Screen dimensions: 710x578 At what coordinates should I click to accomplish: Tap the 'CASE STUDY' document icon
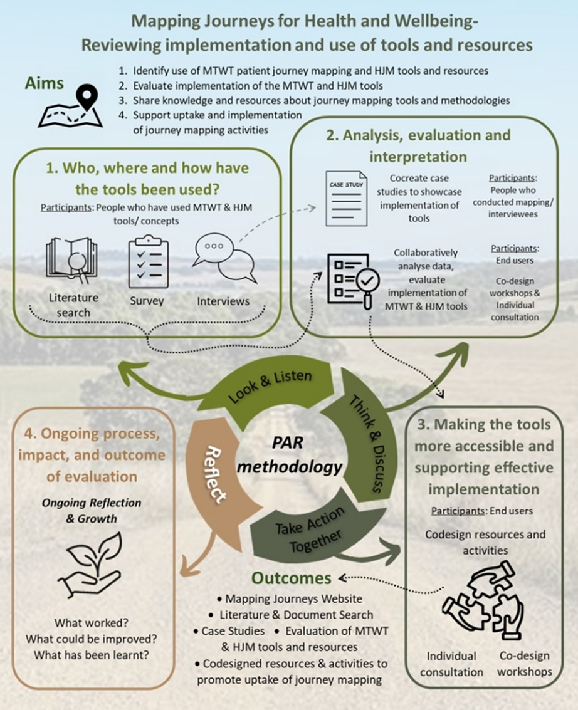[346, 198]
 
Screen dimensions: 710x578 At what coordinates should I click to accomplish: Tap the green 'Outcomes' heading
[292, 577]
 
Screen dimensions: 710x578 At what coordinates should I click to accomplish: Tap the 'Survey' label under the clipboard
[146, 301]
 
